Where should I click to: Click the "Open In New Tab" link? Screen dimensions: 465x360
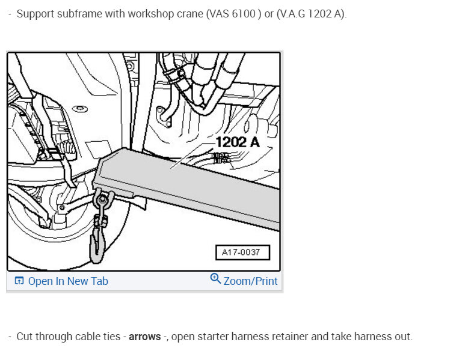(x=68, y=281)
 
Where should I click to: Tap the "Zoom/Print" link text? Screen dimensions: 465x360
(x=251, y=281)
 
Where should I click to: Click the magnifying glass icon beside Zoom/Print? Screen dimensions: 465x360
(x=215, y=278)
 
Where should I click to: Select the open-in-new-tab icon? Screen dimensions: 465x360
(x=19, y=280)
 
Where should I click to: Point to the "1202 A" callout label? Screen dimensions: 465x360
(x=238, y=142)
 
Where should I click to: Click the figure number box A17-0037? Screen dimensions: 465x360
(x=242, y=252)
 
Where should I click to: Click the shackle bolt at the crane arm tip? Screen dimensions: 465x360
(x=103, y=200)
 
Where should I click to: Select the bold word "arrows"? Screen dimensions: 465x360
(x=145, y=337)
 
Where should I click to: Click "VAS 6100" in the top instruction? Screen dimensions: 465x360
(x=232, y=14)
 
